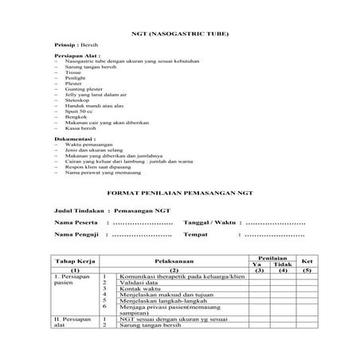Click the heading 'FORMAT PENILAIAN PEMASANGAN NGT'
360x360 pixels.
pyautogui.click(x=179, y=193)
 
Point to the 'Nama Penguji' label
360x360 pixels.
pyautogui.click(x=76, y=235)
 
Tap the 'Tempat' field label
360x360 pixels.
pyautogui.click(x=196, y=235)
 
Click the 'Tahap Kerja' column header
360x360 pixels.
pyautogui.click(x=74, y=261)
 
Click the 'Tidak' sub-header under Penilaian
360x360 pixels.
pyautogui.click(x=282, y=264)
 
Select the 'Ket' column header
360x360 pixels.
pyautogui.click(x=307, y=261)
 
